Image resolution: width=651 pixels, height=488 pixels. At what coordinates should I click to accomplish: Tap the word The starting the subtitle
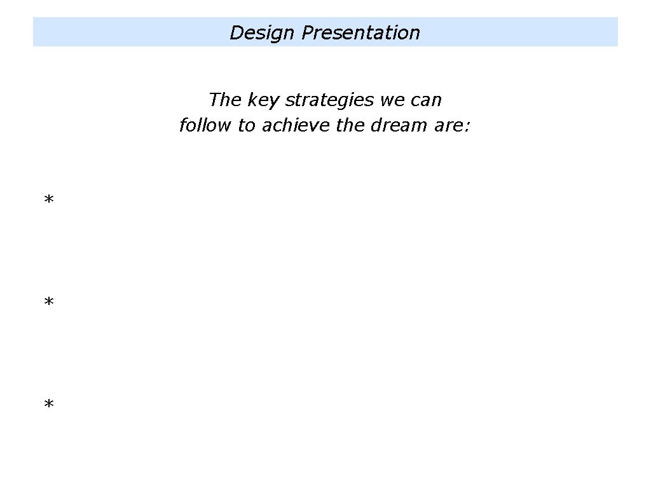click(x=223, y=100)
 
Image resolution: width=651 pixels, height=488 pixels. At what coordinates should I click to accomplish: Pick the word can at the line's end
click(x=426, y=100)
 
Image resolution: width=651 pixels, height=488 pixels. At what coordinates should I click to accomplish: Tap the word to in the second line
click(x=246, y=126)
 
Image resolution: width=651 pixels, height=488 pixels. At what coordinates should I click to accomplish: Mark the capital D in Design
click(x=236, y=33)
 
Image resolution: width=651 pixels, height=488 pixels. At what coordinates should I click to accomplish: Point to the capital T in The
click(x=214, y=100)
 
